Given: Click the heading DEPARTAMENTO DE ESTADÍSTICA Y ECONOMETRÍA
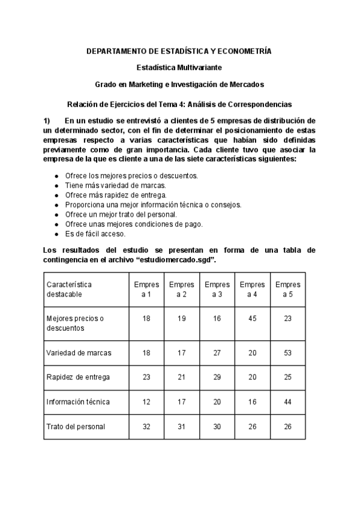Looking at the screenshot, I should (x=179, y=52).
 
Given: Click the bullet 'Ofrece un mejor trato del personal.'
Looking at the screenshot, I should (x=121, y=214).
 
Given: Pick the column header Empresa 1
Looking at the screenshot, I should (x=146, y=289).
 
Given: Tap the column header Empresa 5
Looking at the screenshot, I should (x=287, y=289).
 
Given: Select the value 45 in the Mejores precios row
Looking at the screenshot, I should (x=252, y=319).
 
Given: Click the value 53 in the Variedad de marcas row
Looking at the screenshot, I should (x=287, y=352).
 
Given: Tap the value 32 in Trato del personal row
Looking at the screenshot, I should (x=146, y=427).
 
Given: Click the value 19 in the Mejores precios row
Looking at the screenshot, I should (x=182, y=319).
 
